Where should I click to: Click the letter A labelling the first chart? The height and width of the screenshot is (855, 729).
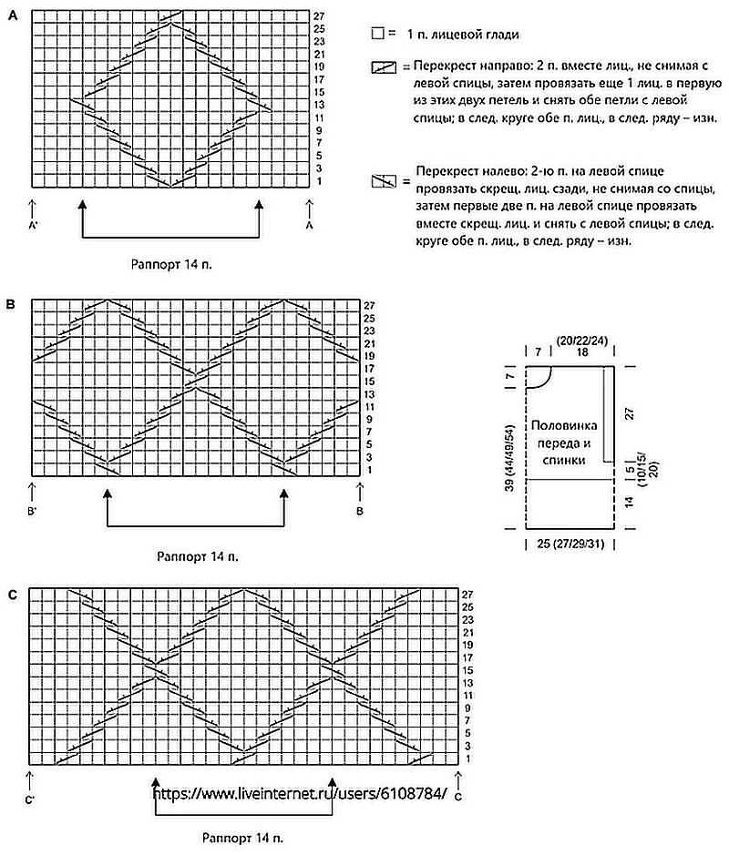[x=12, y=15]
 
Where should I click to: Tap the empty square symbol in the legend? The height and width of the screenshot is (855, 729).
[x=377, y=35]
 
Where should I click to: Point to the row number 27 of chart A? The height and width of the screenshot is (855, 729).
[x=319, y=16]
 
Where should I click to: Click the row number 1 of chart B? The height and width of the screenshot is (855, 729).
[x=369, y=469]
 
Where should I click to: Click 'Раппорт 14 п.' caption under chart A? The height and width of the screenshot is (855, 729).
[x=174, y=264]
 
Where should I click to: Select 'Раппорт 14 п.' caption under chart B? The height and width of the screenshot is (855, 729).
[x=199, y=555]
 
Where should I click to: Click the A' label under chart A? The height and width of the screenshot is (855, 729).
[x=33, y=224]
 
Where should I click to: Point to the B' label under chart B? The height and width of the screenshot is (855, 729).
[x=33, y=512]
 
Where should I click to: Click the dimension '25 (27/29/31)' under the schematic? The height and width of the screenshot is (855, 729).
[x=570, y=544]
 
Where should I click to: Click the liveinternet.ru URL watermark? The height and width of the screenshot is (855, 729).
[x=301, y=793]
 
